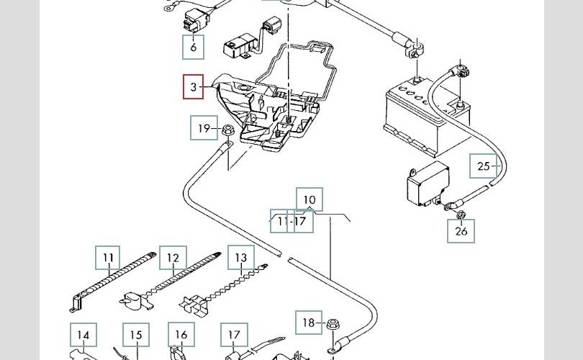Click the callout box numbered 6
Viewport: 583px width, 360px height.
coord(194,48)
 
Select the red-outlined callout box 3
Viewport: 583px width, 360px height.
coord(194,87)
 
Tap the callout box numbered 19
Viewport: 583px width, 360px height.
coord(203,129)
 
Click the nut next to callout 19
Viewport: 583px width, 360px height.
coord(225,130)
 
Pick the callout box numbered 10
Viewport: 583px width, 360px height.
coord(309,199)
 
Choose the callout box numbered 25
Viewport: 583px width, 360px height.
coord(483,166)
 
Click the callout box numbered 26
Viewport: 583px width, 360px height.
coord(461,230)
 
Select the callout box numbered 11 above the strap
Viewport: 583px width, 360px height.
coord(109,258)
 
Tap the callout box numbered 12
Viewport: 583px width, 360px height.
coord(173,258)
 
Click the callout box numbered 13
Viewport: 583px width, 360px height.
coord(240,258)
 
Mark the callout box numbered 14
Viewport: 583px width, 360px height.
coord(83,336)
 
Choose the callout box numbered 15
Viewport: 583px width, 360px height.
coord(136,336)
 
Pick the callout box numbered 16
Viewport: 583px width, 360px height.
coord(181,336)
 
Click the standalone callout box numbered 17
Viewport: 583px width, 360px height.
coord(234,336)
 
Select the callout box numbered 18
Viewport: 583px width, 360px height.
coord(308,323)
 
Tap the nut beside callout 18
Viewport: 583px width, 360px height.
coord(332,324)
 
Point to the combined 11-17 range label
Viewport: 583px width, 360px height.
coord(291,221)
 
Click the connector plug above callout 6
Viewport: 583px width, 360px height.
coord(194,21)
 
